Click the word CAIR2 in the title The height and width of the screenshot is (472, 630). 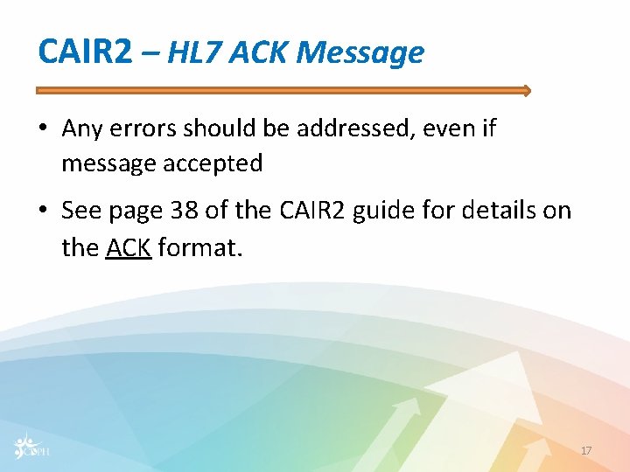tap(85, 52)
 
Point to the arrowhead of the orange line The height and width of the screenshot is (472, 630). tap(526, 90)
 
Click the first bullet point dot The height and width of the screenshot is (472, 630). tap(43, 129)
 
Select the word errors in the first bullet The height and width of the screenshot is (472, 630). tap(146, 129)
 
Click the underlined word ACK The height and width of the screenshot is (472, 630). tap(129, 247)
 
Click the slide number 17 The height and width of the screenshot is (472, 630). tap(586, 450)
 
